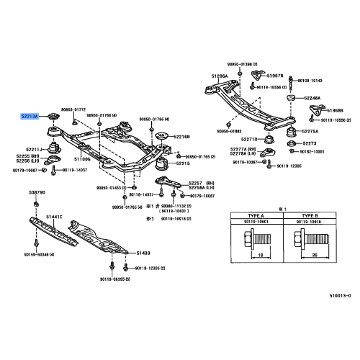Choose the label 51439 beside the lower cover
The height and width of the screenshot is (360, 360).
[x=144, y=253]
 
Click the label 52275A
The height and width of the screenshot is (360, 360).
[x=310, y=131]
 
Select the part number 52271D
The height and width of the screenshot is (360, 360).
[x=249, y=138]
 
